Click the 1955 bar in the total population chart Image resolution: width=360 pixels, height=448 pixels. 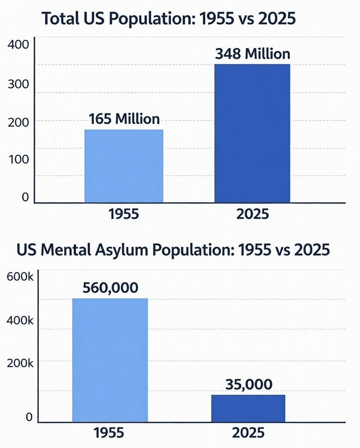click(124, 166)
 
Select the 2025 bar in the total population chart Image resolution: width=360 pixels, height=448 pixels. click(252, 133)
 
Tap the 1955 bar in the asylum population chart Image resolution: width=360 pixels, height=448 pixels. click(110, 360)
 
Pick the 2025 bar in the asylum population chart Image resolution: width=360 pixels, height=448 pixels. click(248, 408)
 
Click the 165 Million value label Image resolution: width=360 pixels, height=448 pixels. click(124, 119)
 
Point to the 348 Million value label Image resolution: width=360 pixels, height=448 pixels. click(252, 54)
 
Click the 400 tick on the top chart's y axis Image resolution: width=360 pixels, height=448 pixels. click(19, 44)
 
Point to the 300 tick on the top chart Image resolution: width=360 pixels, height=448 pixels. click(19, 84)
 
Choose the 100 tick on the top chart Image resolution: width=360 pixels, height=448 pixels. click(19, 159)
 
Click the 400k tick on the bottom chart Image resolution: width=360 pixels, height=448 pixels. click(19, 321)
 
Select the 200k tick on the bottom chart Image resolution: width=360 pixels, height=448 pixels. click(19, 363)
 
